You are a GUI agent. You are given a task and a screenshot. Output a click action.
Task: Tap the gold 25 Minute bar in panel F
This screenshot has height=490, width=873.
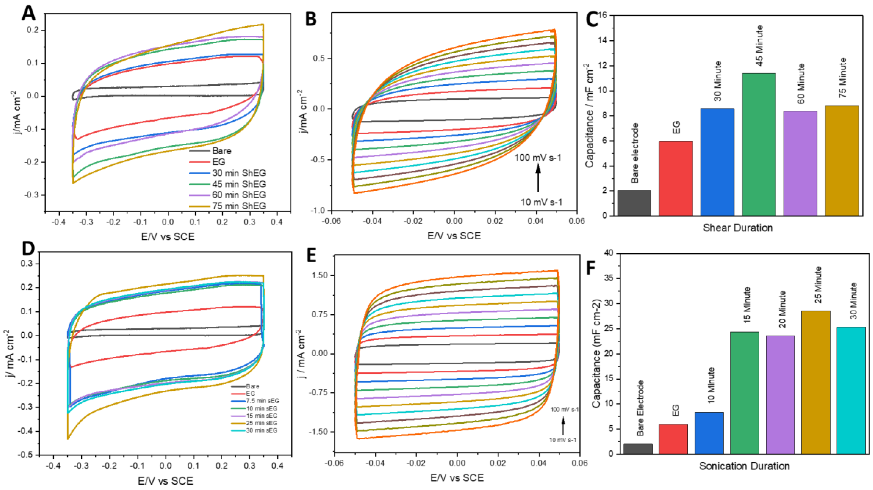point(816,382)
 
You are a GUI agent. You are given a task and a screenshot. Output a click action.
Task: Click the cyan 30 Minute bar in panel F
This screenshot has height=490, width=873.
point(851,390)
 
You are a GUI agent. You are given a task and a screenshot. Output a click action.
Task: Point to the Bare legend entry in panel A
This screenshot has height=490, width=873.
point(222,151)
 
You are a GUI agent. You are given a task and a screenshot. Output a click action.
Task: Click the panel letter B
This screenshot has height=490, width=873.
point(311,19)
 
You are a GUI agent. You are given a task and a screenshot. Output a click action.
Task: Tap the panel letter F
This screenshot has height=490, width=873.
point(591,268)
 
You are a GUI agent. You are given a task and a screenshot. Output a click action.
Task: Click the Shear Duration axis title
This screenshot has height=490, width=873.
point(738,228)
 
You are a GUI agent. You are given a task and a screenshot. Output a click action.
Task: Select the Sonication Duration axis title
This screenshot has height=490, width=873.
point(744,466)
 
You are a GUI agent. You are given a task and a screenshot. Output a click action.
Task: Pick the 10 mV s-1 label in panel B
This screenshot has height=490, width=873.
point(541,202)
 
